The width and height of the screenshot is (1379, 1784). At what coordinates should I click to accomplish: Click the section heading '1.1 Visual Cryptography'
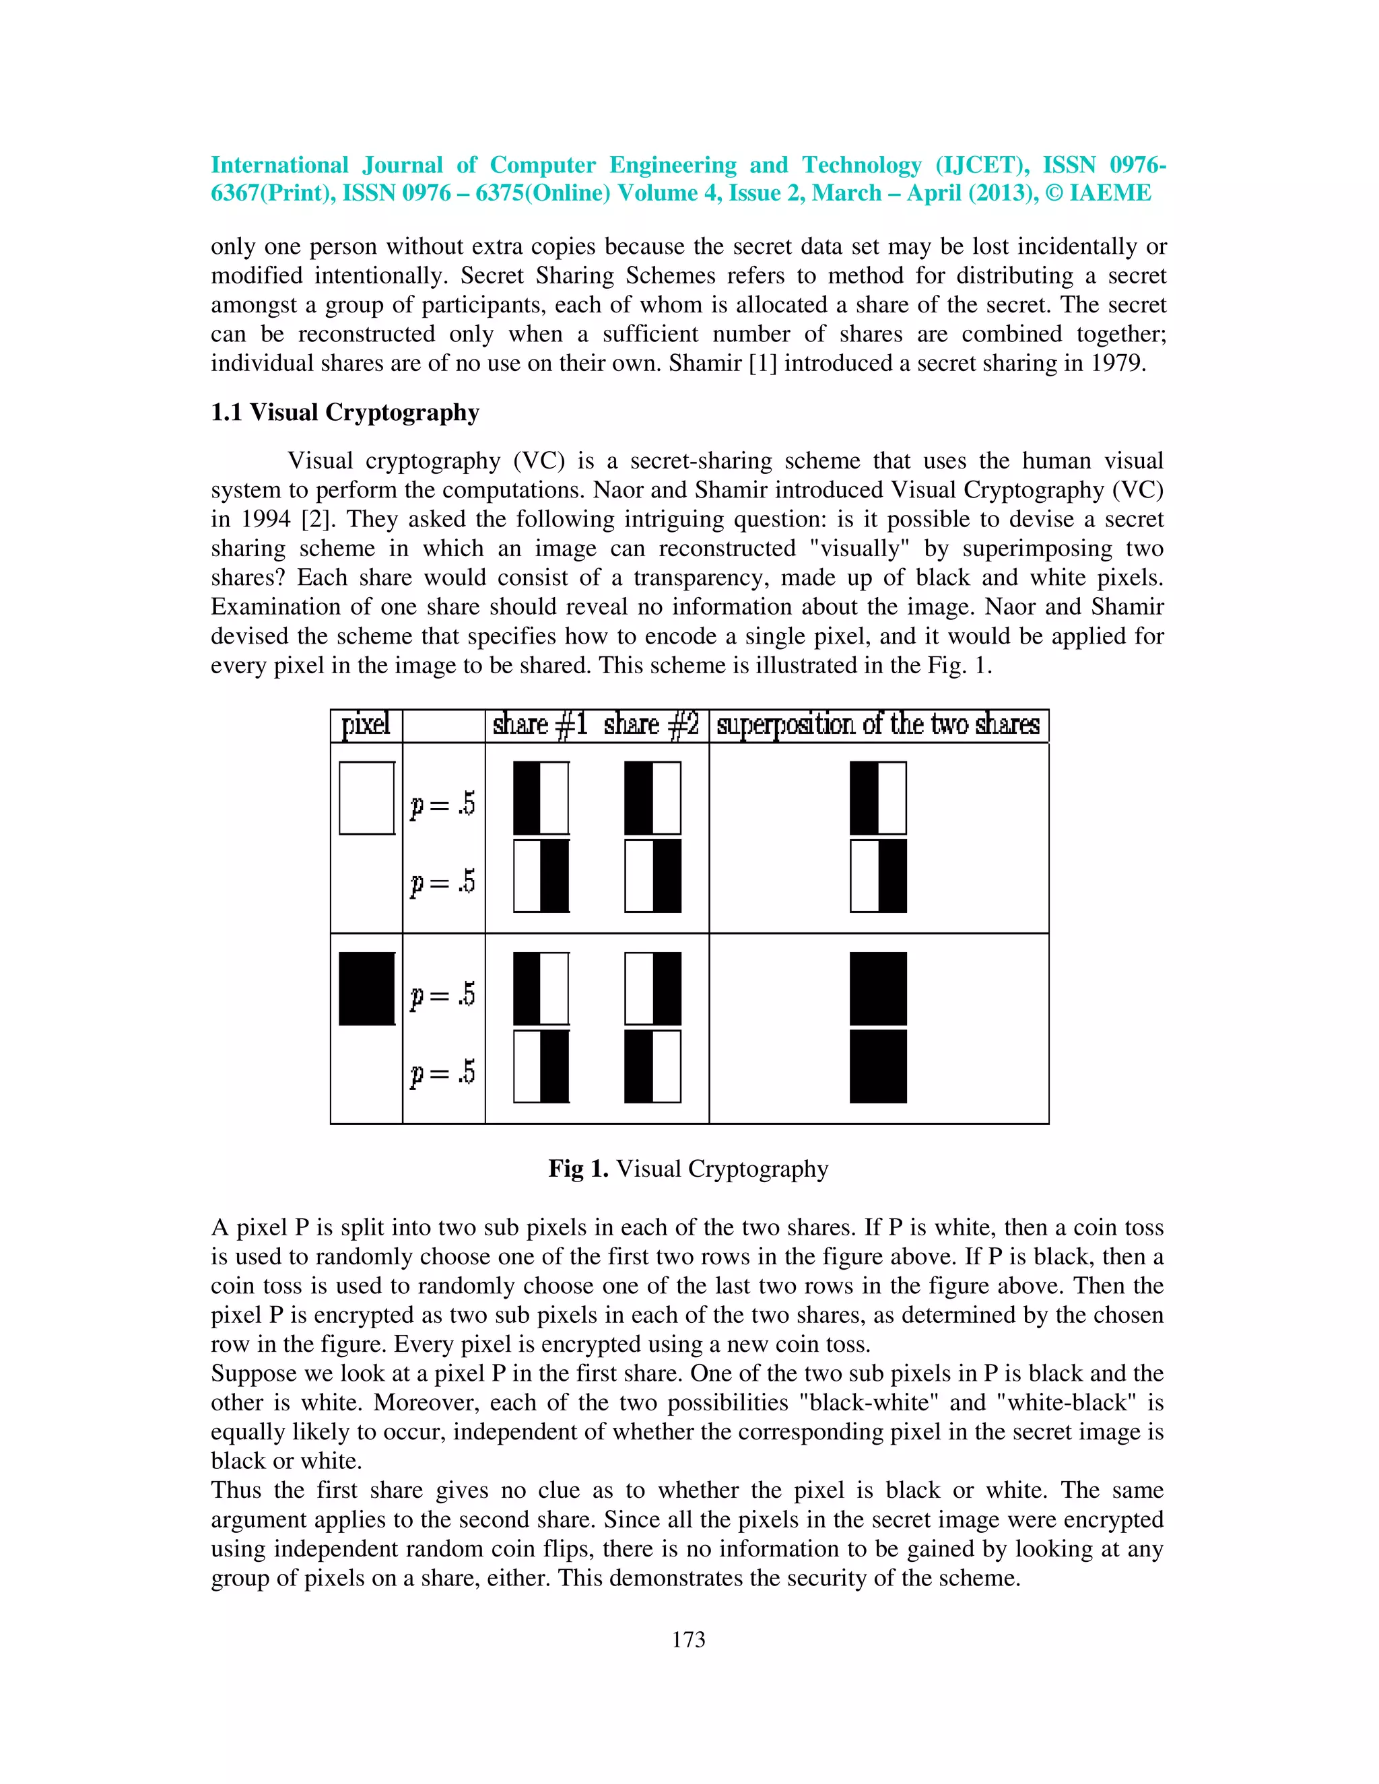click(345, 413)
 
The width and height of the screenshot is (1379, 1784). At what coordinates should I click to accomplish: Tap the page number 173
click(688, 1639)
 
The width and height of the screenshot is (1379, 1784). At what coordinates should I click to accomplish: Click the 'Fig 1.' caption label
click(578, 1169)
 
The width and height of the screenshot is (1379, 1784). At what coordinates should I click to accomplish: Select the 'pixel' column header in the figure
click(365, 724)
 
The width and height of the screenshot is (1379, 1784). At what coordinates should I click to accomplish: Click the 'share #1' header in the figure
click(539, 724)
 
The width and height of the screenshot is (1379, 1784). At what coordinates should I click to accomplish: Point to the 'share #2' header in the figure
click(650, 724)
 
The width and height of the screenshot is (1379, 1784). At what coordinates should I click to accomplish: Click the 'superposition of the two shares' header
click(877, 724)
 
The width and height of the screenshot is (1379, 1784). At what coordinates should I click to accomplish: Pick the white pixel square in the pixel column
click(367, 798)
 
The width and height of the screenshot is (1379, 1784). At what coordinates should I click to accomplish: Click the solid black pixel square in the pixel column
click(367, 988)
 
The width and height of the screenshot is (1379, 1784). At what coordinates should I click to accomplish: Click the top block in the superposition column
click(878, 798)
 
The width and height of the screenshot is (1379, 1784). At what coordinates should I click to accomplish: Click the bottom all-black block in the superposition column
click(878, 1066)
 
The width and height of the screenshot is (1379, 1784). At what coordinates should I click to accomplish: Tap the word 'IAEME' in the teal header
click(1110, 193)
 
